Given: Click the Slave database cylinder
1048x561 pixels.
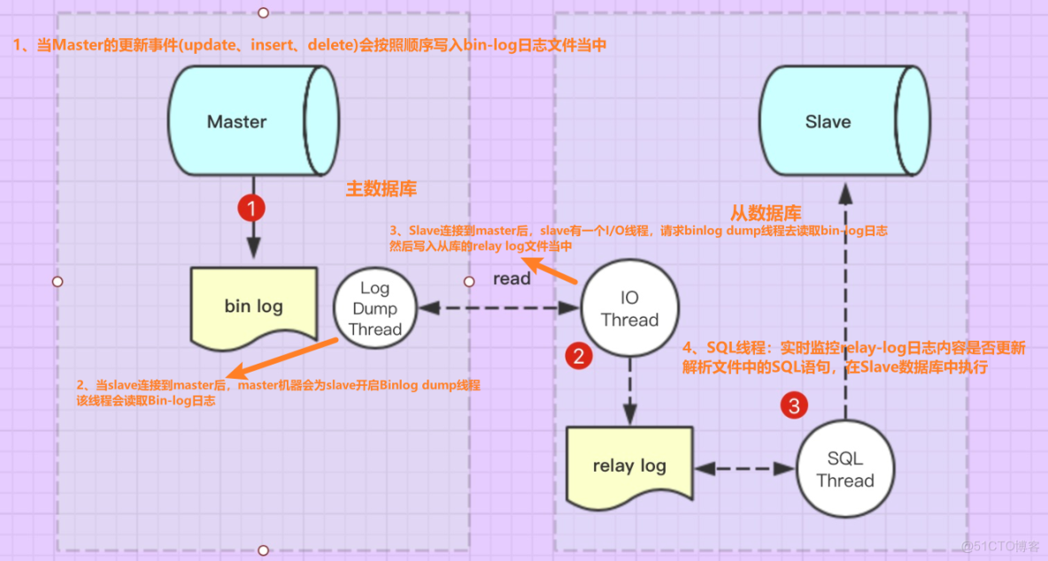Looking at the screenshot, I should (843, 121).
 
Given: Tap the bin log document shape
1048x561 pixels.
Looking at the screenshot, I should (254, 306).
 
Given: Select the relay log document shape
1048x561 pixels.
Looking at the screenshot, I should (629, 465).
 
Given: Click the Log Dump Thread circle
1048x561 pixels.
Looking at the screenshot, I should (374, 309).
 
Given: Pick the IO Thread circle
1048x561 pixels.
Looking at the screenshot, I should (629, 309).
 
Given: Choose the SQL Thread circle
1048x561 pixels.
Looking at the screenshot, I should (844, 470).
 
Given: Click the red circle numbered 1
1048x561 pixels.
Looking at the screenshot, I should (252, 209).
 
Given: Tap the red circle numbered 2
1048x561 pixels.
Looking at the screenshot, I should (579, 357).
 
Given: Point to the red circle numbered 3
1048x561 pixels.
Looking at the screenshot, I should (794, 406).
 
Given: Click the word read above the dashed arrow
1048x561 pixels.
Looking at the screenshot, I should (512, 279).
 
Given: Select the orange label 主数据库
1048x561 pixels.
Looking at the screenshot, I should (381, 188).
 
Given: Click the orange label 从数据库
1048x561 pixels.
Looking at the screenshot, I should (766, 213).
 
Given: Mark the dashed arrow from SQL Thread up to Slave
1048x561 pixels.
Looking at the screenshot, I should (846, 301).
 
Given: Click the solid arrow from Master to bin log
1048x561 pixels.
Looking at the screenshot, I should (254, 237).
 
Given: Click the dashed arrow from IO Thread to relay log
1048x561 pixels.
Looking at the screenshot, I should (629, 389).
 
